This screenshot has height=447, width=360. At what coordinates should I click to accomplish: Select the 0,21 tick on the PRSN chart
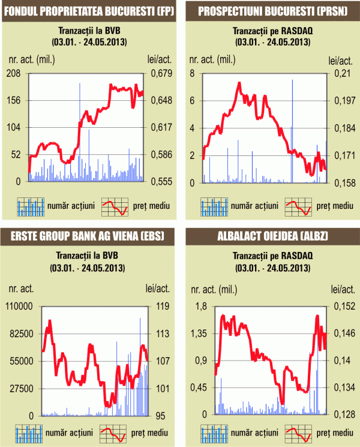coord(342,73)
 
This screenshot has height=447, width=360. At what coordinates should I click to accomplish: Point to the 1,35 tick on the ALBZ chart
coord(197,334)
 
